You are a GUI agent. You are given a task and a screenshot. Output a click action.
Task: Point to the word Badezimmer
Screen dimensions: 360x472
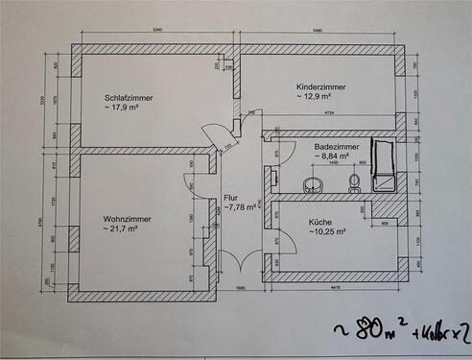[337, 146]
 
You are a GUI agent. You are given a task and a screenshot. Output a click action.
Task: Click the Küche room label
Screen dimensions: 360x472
[320, 221]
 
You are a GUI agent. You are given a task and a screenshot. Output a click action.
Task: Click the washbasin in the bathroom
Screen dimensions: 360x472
[312, 185]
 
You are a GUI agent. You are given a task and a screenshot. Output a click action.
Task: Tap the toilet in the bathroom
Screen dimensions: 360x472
[354, 182]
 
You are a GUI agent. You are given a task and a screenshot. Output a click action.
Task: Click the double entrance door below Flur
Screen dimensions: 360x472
[235, 264]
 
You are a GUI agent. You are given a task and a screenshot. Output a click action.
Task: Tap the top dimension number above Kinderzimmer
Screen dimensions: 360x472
[318, 32]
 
